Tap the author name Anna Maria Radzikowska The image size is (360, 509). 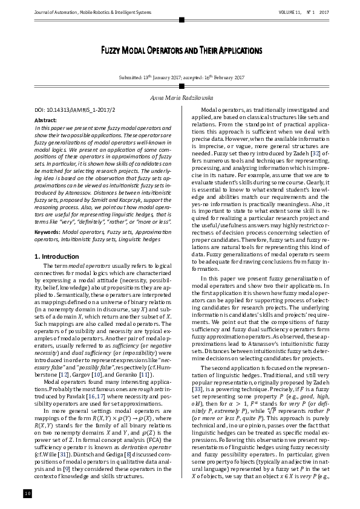click(x=180, y=97)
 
